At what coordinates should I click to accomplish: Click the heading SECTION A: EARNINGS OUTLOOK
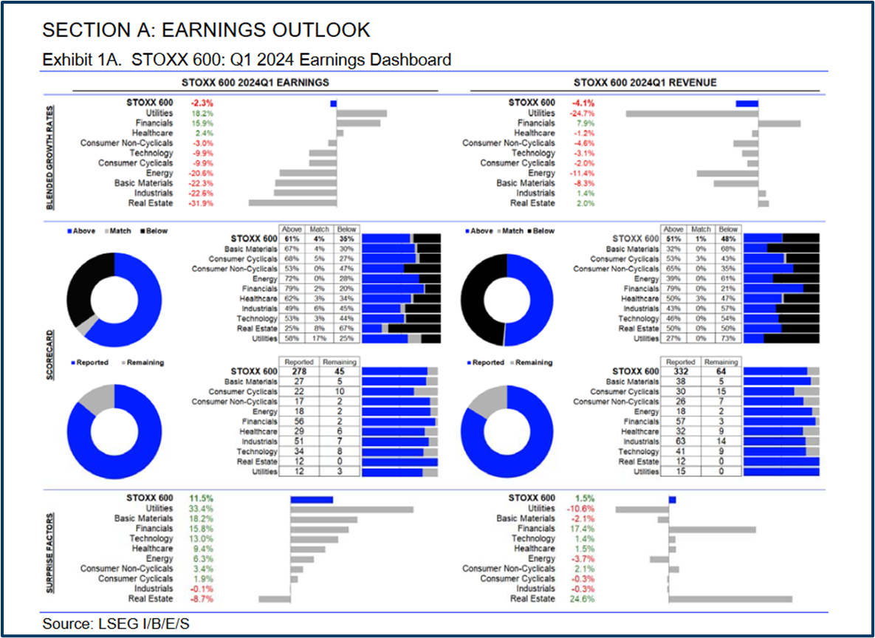pos(206,30)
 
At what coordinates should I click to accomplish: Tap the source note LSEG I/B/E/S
pos(116,624)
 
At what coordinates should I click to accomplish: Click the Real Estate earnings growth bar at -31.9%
pos(292,202)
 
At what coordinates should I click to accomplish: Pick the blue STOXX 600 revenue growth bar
pos(747,103)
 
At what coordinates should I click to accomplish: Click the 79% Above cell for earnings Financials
pos(290,288)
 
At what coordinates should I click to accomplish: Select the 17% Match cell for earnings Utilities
pos(320,338)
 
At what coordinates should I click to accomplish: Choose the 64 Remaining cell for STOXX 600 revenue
pos(721,371)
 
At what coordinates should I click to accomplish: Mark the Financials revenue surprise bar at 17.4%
pos(712,529)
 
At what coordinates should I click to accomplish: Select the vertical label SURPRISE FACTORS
pos(50,549)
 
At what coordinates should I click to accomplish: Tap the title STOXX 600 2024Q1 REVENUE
pos(645,83)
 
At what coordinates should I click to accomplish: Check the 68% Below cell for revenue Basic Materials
pos(728,249)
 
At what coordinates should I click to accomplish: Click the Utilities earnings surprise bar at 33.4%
pos(351,509)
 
